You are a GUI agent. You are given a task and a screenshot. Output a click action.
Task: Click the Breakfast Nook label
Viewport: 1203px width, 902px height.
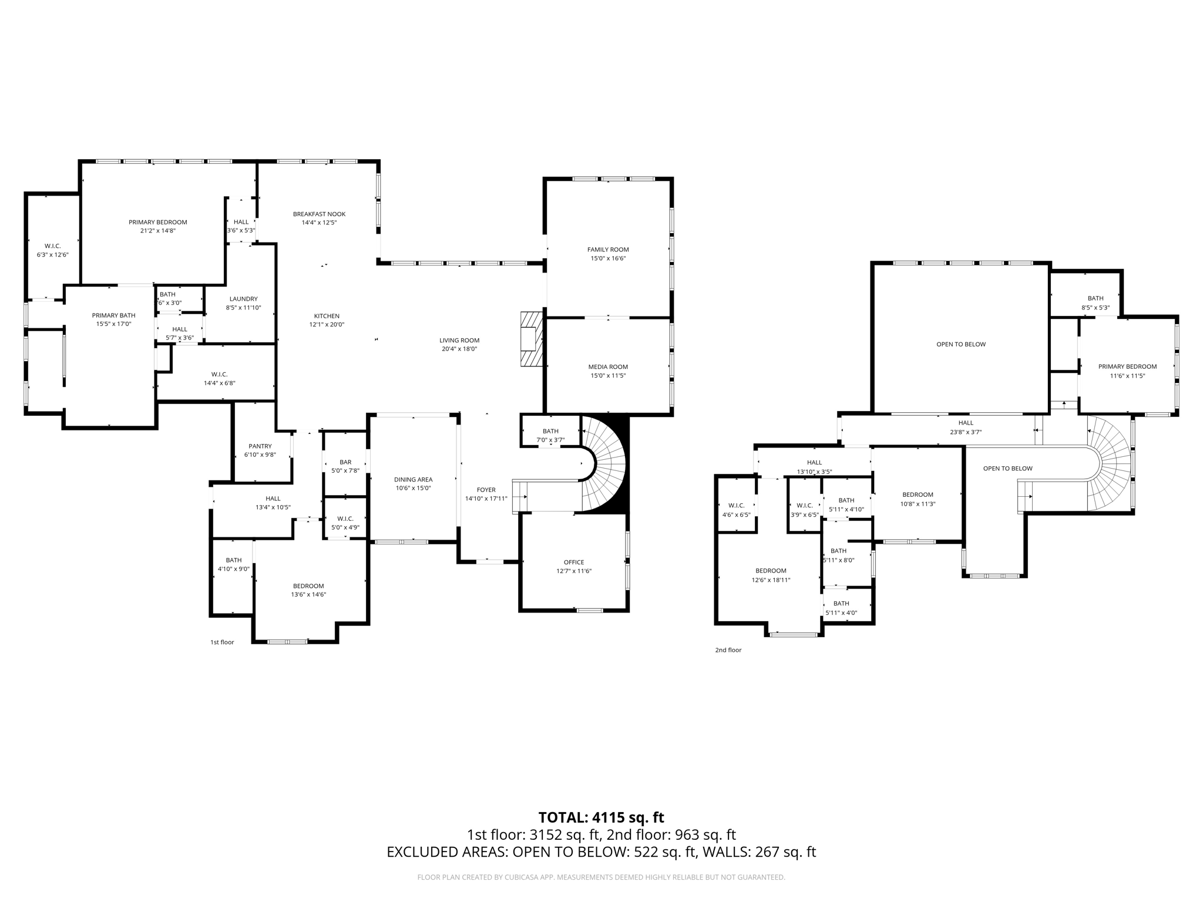tap(319, 214)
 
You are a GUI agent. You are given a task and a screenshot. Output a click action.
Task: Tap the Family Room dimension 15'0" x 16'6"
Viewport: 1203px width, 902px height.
tap(608, 258)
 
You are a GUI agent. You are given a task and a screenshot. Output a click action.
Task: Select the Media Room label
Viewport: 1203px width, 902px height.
tap(608, 367)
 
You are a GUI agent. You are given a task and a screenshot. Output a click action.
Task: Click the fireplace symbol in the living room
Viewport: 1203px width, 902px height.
tap(530, 339)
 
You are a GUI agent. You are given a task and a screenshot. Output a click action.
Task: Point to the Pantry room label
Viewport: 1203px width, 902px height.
tap(260, 446)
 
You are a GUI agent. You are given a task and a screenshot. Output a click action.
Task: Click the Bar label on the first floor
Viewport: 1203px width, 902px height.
tap(345, 462)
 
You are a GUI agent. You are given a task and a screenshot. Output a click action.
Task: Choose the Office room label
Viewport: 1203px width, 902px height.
tap(574, 562)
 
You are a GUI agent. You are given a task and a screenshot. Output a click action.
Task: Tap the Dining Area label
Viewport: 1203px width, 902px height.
tap(413, 480)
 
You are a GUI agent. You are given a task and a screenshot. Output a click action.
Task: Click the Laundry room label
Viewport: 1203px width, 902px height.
tap(243, 299)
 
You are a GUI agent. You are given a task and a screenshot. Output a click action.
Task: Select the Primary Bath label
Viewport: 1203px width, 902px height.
tap(113, 315)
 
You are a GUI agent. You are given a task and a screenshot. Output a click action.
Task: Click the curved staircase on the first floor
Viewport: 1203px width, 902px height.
tap(605, 464)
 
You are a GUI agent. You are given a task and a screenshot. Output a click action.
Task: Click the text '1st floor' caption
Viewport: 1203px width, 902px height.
tap(222, 642)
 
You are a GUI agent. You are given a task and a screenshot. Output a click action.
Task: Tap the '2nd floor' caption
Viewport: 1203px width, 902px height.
tap(728, 650)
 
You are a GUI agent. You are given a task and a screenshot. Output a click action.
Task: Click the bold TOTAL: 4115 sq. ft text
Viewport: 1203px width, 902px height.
tap(601, 817)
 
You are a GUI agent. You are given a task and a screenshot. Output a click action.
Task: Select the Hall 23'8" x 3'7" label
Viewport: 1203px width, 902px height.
tap(966, 427)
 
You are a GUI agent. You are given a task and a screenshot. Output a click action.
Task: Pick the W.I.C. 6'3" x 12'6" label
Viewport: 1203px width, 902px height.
tap(52, 250)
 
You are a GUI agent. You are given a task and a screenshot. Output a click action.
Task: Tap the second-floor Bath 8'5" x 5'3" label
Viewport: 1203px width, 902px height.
tap(1095, 302)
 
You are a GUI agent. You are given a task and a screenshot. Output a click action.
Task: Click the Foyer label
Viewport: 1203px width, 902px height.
tap(486, 490)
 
